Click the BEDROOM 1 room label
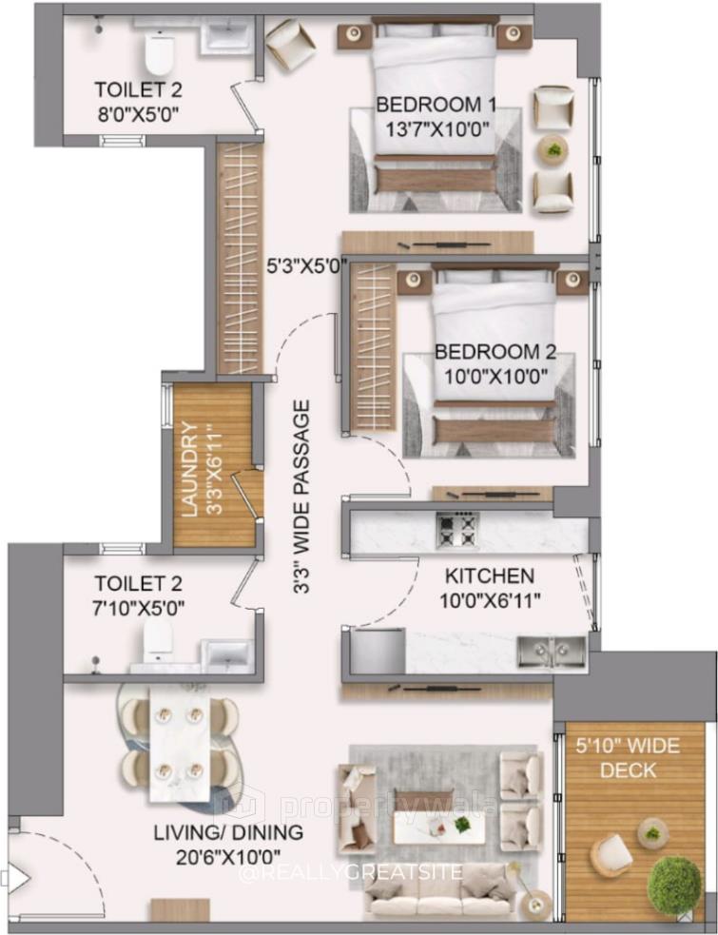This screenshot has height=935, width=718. coord(436,104)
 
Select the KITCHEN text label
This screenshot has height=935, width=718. coord(490,576)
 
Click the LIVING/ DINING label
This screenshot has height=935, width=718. coord(227,833)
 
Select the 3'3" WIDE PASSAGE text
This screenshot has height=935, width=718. coord(302,498)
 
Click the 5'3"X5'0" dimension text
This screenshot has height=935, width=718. coord(304,268)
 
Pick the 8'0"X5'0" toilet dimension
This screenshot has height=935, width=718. coord(138,112)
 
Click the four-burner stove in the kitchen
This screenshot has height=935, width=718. coord(457,530)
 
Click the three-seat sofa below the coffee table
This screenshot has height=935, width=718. coord(440,893)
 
